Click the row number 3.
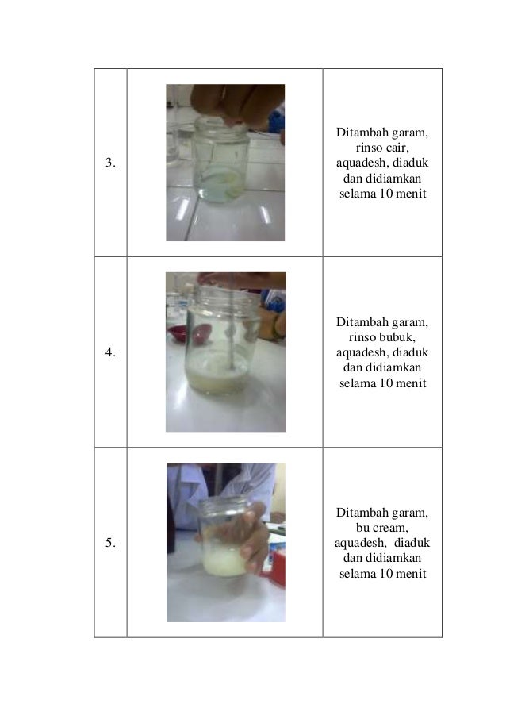(109, 163)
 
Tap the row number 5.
(109, 544)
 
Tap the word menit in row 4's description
(411, 383)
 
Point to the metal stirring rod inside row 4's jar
(230, 349)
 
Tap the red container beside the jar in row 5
(277, 567)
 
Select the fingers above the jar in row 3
(230, 103)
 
